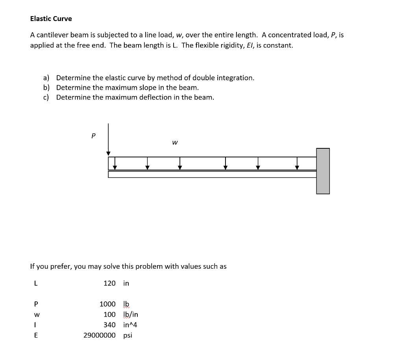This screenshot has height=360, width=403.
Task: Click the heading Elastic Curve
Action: [51, 18]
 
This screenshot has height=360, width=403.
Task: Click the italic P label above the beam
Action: [93, 135]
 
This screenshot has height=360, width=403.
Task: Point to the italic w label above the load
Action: [174, 142]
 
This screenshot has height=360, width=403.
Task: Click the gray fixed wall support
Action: [323, 171]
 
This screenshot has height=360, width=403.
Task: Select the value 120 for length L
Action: [109, 283]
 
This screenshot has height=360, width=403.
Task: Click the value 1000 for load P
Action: [107, 304]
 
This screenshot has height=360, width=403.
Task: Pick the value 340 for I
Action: [109, 325]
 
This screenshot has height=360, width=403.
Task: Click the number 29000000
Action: [100, 335]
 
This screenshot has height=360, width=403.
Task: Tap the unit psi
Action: [128, 335]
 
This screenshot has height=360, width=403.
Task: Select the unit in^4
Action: [130, 325]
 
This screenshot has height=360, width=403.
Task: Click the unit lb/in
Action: [131, 314]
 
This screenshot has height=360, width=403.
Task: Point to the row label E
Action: [36, 335]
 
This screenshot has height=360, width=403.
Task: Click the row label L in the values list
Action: [36, 283]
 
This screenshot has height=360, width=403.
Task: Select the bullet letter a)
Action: [46, 78]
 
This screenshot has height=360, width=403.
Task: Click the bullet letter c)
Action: [46, 97]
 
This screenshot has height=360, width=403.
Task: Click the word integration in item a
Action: [234, 78]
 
